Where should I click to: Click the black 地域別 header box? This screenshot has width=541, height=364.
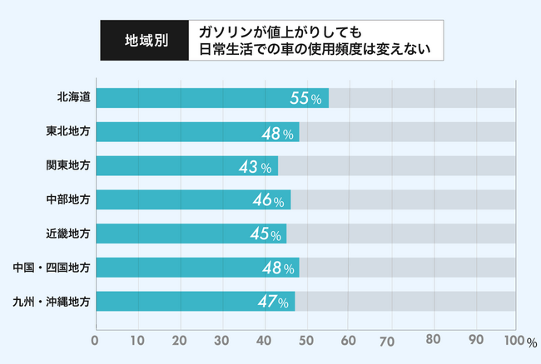point(145,40)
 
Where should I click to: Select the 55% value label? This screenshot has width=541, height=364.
point(305,99)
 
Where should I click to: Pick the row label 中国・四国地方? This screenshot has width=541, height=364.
point(52,268)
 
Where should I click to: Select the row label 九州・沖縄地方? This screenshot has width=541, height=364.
point(52,301)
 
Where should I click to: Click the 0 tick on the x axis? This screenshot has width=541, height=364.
point(96,340)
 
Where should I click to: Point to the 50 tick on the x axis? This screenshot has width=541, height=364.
point(306,340)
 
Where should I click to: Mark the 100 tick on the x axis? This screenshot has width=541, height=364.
point(514,340)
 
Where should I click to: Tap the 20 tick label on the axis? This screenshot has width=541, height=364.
point(180,340)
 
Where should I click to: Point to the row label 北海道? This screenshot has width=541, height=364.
point(74,98)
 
